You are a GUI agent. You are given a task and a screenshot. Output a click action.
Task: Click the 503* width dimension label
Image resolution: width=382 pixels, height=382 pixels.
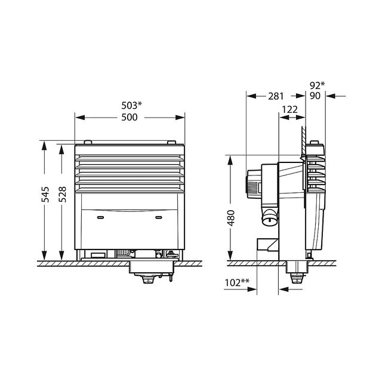point(131,106)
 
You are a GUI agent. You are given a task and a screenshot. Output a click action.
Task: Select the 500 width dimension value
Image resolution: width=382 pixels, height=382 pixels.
point(130,117)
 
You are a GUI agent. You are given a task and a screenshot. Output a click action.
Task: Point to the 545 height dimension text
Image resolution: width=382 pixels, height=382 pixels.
point(45,195)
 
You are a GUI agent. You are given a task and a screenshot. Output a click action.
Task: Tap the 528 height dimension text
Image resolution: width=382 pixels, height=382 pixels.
point(62,195)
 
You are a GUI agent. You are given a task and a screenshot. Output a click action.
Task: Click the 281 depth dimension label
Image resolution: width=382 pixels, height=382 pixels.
point(276,96)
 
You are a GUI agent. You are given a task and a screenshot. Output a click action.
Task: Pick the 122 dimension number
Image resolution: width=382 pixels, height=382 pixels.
point(289,110)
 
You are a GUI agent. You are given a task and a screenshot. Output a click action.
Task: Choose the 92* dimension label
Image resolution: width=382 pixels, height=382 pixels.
point(317,85)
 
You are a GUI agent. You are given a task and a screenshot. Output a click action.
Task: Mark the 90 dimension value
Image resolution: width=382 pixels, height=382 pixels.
point(315,96)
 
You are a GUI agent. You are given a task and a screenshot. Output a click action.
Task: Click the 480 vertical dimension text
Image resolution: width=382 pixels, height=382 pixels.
point(231,218)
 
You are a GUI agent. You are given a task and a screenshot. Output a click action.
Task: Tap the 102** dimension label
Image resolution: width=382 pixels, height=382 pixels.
point(237,282)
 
